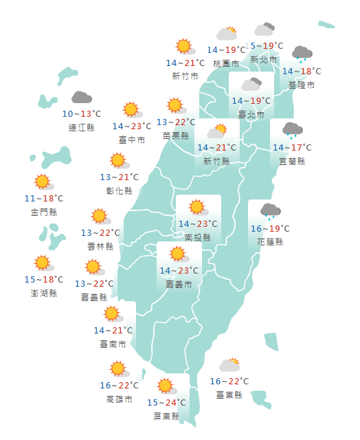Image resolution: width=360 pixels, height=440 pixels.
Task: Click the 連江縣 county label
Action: [x=82, y=127]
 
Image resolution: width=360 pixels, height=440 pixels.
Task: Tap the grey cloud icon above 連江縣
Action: [x=82, y=98]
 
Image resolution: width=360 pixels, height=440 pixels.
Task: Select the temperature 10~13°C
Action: [x=82, y=114]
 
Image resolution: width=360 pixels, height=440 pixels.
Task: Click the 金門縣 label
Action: [x=44, y=212]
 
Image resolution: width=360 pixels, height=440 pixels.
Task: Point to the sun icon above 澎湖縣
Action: [x=43, y=263]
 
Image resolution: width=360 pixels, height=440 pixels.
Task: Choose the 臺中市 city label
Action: [x=131, y=140]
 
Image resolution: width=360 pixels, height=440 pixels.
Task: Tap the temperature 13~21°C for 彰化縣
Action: [x=120, y=177]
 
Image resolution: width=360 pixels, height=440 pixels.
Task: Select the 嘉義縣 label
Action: [x=94, y=297]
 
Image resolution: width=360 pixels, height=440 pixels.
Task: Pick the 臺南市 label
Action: [x=113, y=344]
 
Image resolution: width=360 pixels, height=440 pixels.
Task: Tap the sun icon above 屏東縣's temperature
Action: [x=165, y=386]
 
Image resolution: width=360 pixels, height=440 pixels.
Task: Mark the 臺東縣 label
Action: [x=229, y=395]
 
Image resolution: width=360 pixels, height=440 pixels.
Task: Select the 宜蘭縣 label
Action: [x=292, y=161]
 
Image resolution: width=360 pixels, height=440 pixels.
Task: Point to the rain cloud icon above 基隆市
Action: [x=302, y=54]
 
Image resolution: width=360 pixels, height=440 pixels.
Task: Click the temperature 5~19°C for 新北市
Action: [x=267, y=46]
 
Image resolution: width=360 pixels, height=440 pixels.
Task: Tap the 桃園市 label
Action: [x=226, y=63]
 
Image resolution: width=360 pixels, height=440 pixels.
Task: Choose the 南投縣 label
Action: [x=198, y=237]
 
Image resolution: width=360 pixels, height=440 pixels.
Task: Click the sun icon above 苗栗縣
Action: [x=175, y=106]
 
